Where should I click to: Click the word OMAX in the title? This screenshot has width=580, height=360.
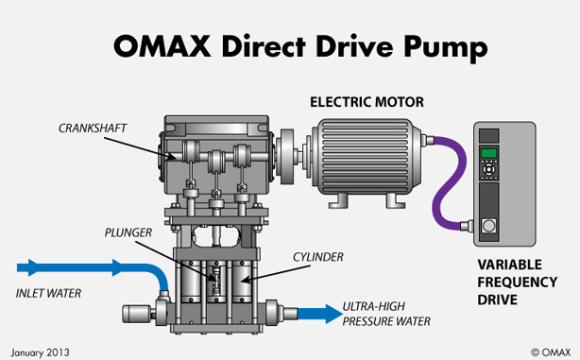tap(162, 46)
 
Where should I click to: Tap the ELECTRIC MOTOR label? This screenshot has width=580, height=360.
tap(367, 102)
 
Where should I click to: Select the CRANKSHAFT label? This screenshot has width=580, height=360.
tap(93, 128)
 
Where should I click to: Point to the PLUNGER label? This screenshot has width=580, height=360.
tap(128, 232)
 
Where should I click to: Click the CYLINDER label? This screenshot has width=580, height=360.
tap(318, 257)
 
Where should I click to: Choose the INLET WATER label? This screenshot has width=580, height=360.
tap(48, 294)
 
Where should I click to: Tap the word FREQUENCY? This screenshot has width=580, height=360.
tap(517, 283)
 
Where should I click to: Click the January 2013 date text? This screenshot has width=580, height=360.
tap(40, 352)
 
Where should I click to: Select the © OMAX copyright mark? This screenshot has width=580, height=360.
tap(551, 352)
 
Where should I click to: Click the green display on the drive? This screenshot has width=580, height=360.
tap(488, 152)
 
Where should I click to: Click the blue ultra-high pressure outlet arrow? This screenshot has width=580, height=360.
tap(320, 314)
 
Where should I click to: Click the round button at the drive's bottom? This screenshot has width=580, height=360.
tap(489, 225)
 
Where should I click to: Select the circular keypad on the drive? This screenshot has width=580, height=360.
tap(488, 169)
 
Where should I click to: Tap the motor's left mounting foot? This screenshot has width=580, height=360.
tap(338, 200)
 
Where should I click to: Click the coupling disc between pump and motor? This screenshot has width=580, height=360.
tap(285, 156)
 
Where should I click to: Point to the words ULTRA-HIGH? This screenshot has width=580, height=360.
tap(373, 307)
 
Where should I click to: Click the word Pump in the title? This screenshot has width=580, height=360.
tap(445, 48)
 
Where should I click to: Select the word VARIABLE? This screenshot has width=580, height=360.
tap(510, 265)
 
